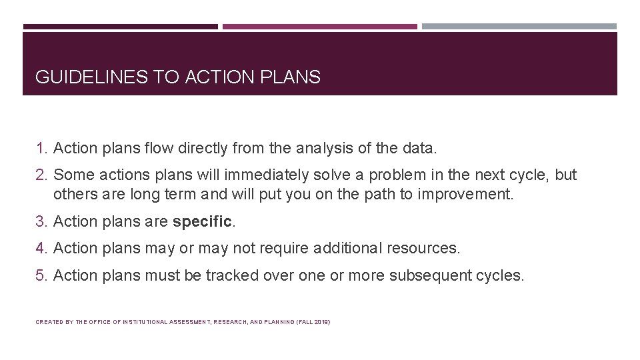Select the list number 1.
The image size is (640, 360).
pos(41,147)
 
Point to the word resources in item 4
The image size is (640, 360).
pos(425,248)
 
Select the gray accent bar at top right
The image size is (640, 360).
pos(519,27)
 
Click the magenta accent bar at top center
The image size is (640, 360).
pos(320,27)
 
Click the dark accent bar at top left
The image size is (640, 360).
pos(121,27)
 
